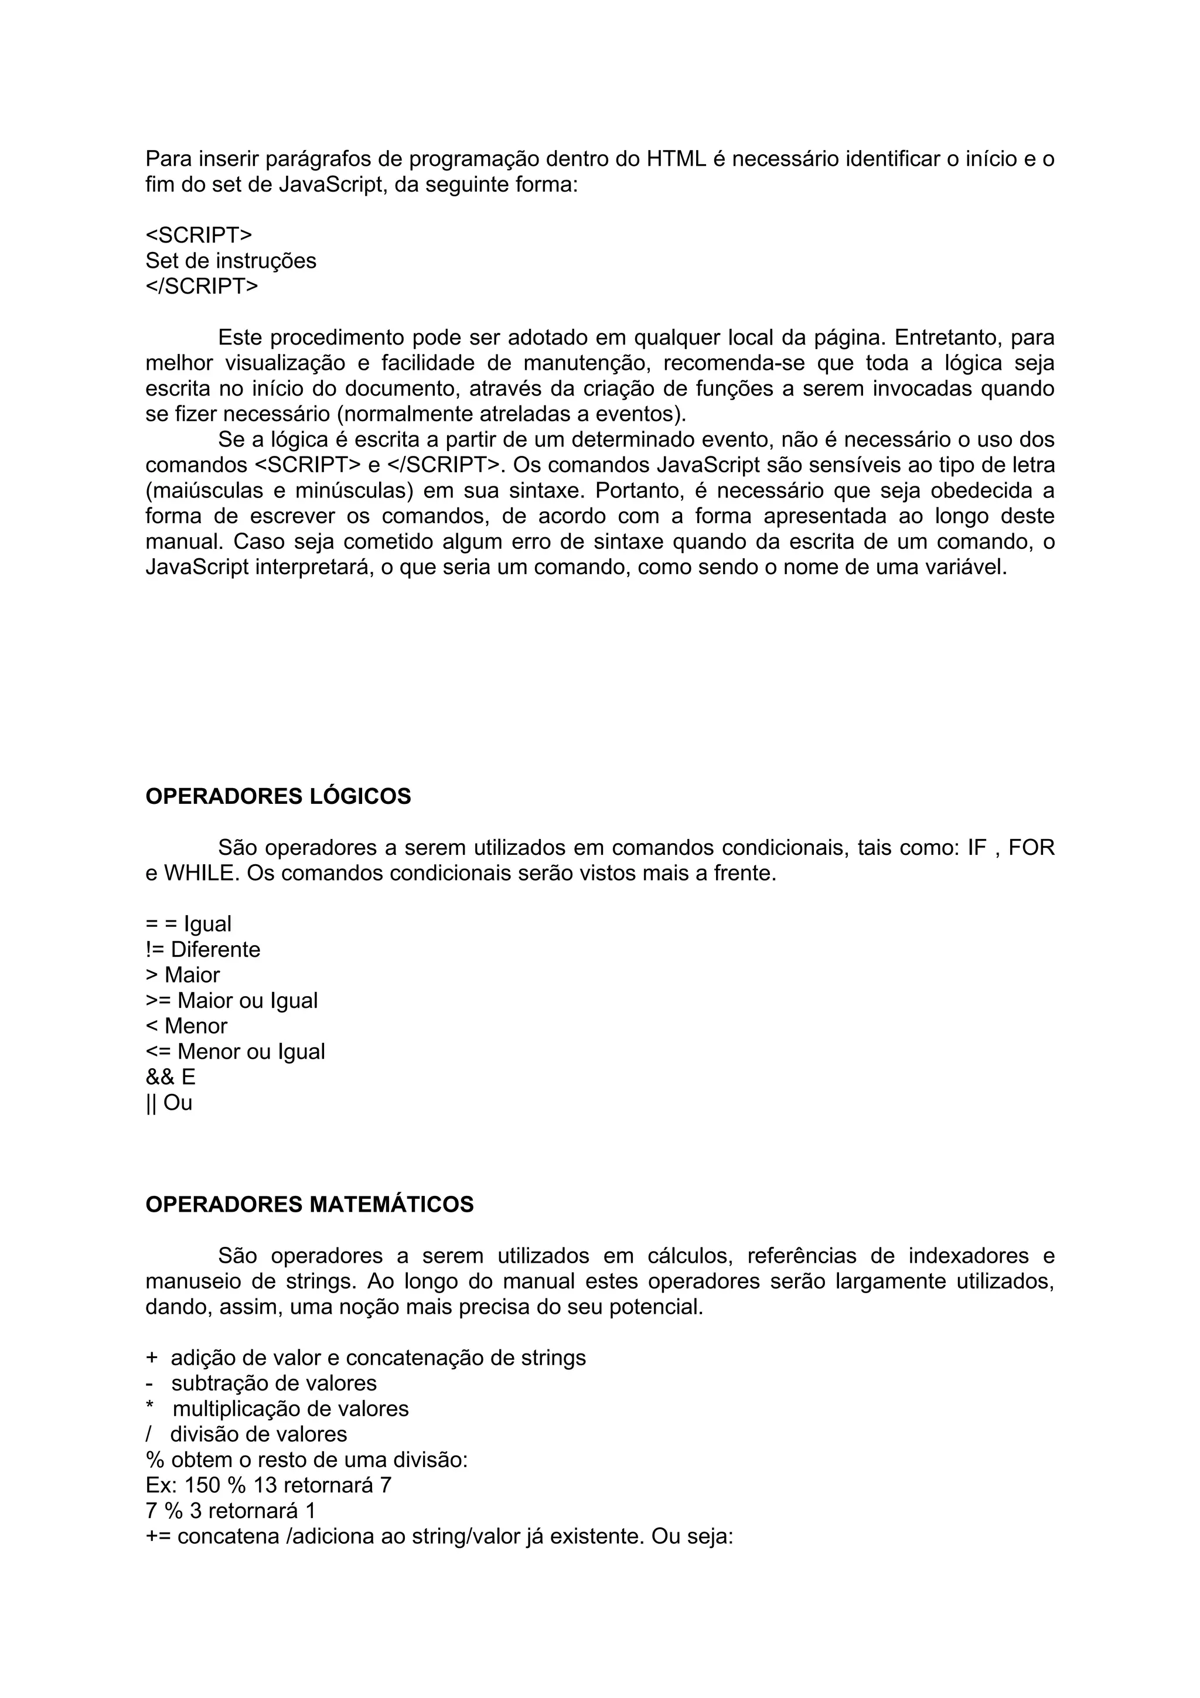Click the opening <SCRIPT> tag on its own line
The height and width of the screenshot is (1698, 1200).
point(199,235)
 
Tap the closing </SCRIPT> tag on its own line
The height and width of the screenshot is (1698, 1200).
point(202,286)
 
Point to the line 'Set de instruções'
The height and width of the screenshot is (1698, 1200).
point(231,261)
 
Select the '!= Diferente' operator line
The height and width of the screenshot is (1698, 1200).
point(203,950)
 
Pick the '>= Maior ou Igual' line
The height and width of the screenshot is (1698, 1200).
point(231,1001)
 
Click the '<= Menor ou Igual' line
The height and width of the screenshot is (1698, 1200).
point(235,1052)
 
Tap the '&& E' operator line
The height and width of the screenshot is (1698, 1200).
point(171,1077)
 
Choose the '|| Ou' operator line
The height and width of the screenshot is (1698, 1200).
point(169,1103)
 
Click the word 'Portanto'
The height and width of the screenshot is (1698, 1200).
point(640,491)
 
